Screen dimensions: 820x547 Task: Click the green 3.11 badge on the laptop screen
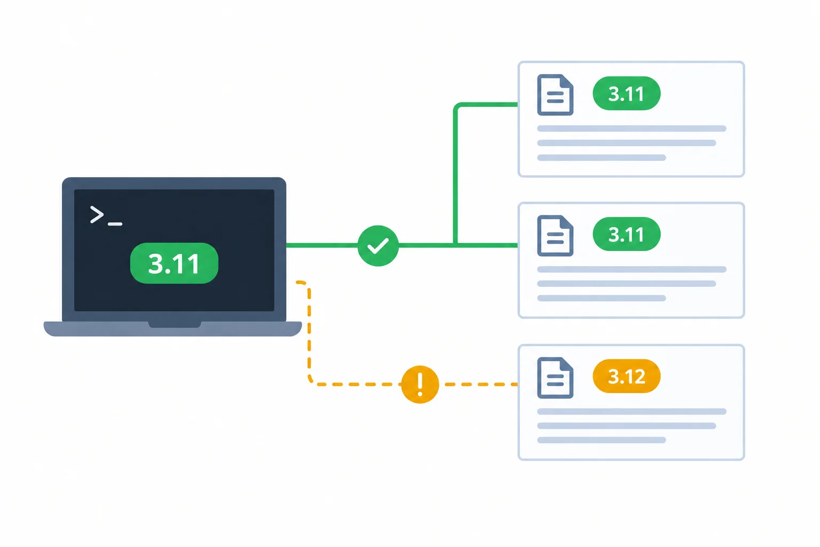pyautogui.click(x=174, y=263)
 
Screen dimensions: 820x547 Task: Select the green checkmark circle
pyautogui.click(x=378, y=246)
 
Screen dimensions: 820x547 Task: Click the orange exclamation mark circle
pyautogui.click(x=420, y=384)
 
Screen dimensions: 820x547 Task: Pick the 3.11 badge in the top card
pyautogui.click(x=626, y=93)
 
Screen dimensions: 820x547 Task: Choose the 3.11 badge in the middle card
pyautogui.click(x=626, y=234)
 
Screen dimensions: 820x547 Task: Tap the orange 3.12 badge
pyautogui.click(x=626, y=376)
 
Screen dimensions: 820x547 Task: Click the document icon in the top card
pyautogui.click(x=555, y=95)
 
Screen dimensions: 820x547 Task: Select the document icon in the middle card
pyautogui.click(x=555, y=236)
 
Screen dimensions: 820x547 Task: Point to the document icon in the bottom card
pyautogui.click(x=555, y=378)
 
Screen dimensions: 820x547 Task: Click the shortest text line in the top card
pyautogui.click(x=601, y=158)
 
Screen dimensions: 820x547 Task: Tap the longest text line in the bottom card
pyautogui.click(x=632, y=411)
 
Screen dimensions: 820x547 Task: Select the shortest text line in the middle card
pyautogui.click(x=601, y=298)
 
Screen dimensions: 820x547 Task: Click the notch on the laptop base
pyautogui.click(x=175, y=325)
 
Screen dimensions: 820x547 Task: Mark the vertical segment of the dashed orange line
pyautogui.click(x=309, y=332)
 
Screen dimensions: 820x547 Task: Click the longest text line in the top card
pyautogui.click(x=632, y=129)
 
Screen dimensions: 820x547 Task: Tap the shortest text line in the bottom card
pyautogui.click(x=601, y=440)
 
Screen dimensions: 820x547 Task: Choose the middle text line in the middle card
pyautogui.click(x=626, y=284)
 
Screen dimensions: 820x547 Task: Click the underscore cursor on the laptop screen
pyautogui.click(x=115, y=223)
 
